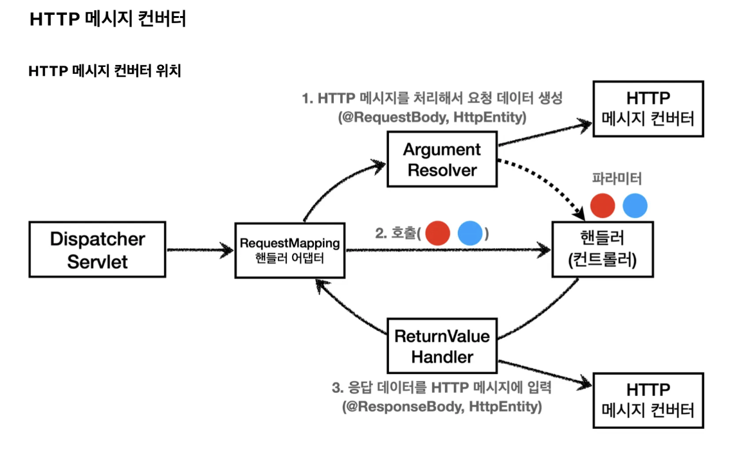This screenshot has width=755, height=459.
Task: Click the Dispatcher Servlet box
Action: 97,249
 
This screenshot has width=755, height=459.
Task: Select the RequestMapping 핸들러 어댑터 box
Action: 289,249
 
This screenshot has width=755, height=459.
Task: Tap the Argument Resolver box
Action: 442,159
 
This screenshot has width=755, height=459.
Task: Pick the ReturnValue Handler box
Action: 442,346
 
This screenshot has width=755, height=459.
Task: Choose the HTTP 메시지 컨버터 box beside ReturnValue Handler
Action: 648,399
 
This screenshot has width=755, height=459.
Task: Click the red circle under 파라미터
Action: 603,206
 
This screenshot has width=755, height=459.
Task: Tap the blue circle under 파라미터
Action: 635,206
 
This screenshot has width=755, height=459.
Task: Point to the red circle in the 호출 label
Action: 437,233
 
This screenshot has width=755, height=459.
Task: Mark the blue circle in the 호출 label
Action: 470,233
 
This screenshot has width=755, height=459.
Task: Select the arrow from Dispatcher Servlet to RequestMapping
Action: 199,249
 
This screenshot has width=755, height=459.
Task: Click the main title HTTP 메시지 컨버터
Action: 107,19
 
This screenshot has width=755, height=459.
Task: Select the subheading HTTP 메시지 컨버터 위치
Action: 105,71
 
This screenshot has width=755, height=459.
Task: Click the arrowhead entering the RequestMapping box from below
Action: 319,286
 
